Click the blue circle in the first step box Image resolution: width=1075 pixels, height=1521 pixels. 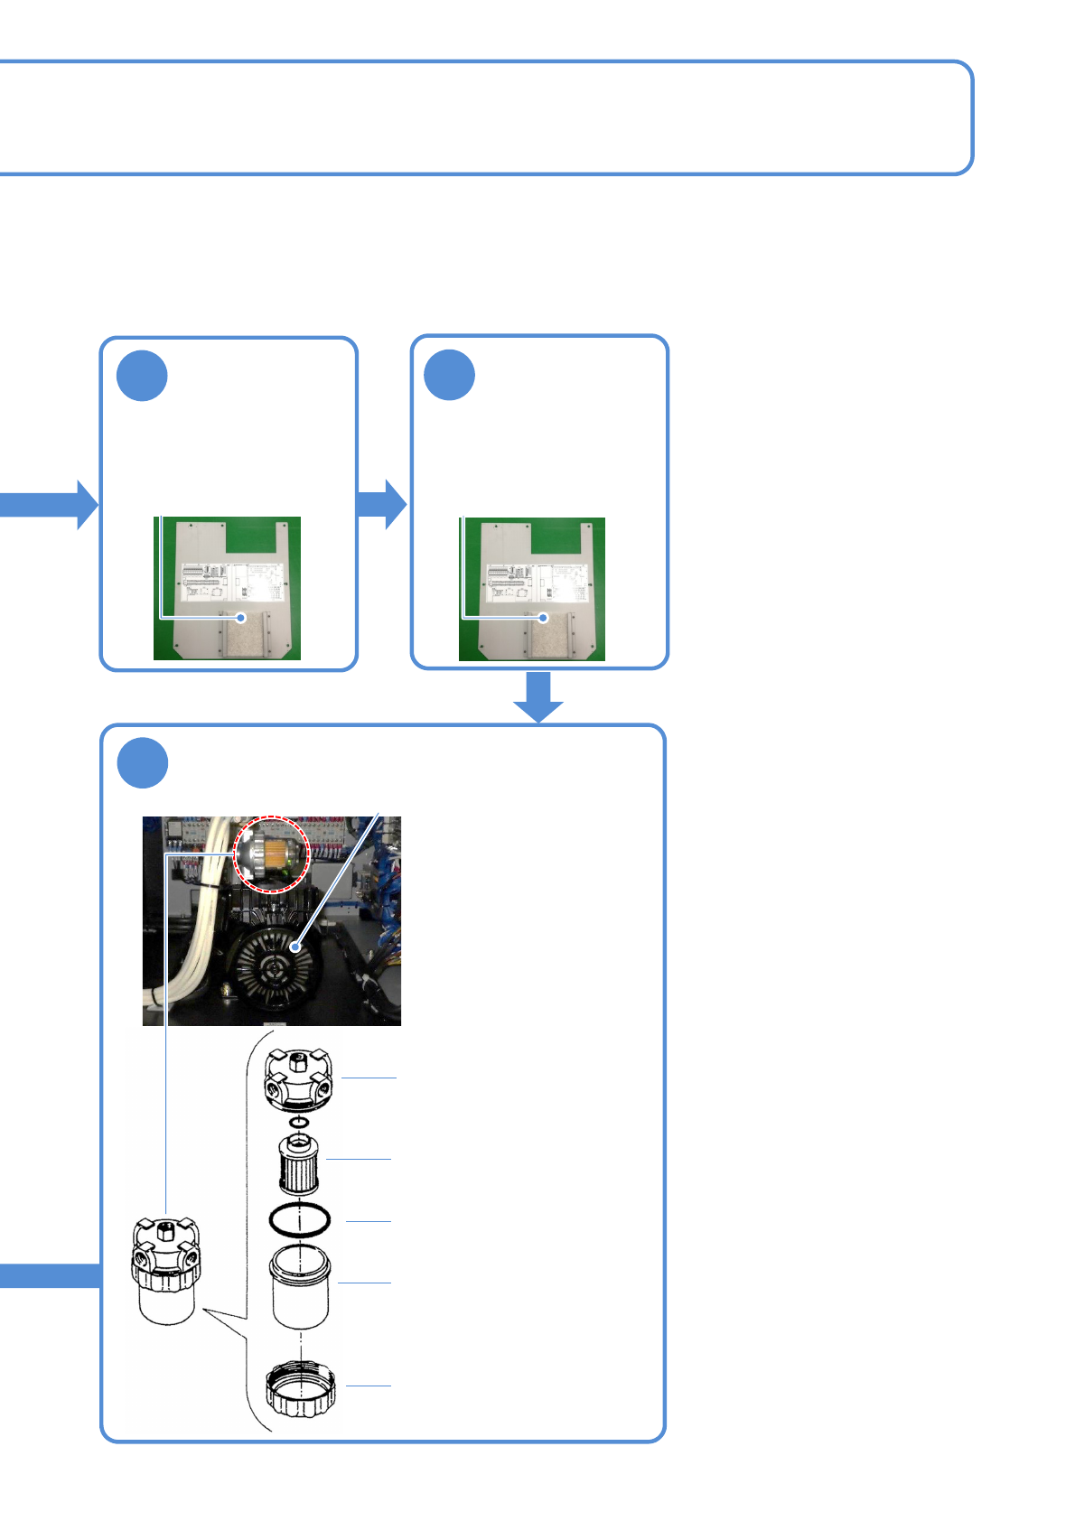(142, 376)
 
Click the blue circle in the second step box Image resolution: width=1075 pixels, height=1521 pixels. (449, 375)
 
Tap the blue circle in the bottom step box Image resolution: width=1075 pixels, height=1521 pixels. (143, 763)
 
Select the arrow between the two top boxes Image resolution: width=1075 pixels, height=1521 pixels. (382, 504)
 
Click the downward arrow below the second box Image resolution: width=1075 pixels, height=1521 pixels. (538, 696)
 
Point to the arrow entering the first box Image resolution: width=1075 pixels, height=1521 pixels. (50, 504)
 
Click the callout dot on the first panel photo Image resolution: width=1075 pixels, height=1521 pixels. (240, 618)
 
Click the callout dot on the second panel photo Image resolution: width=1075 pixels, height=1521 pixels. (543, 618)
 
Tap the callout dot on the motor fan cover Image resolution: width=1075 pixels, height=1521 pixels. (294, 947)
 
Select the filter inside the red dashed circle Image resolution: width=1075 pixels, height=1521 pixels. (272, 854)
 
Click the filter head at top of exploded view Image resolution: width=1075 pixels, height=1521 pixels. (298, 1078)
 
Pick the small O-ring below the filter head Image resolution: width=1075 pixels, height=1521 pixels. (299, 1123)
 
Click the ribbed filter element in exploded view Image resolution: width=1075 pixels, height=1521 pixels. (298, 1165)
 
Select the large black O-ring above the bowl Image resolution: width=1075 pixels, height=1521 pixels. (299, 1220)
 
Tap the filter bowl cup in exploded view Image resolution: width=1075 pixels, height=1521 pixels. (299, 1286)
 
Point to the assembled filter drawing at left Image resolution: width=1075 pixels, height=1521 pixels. (165, 1269)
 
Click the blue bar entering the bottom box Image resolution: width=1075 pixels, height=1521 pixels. (50, 1275)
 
